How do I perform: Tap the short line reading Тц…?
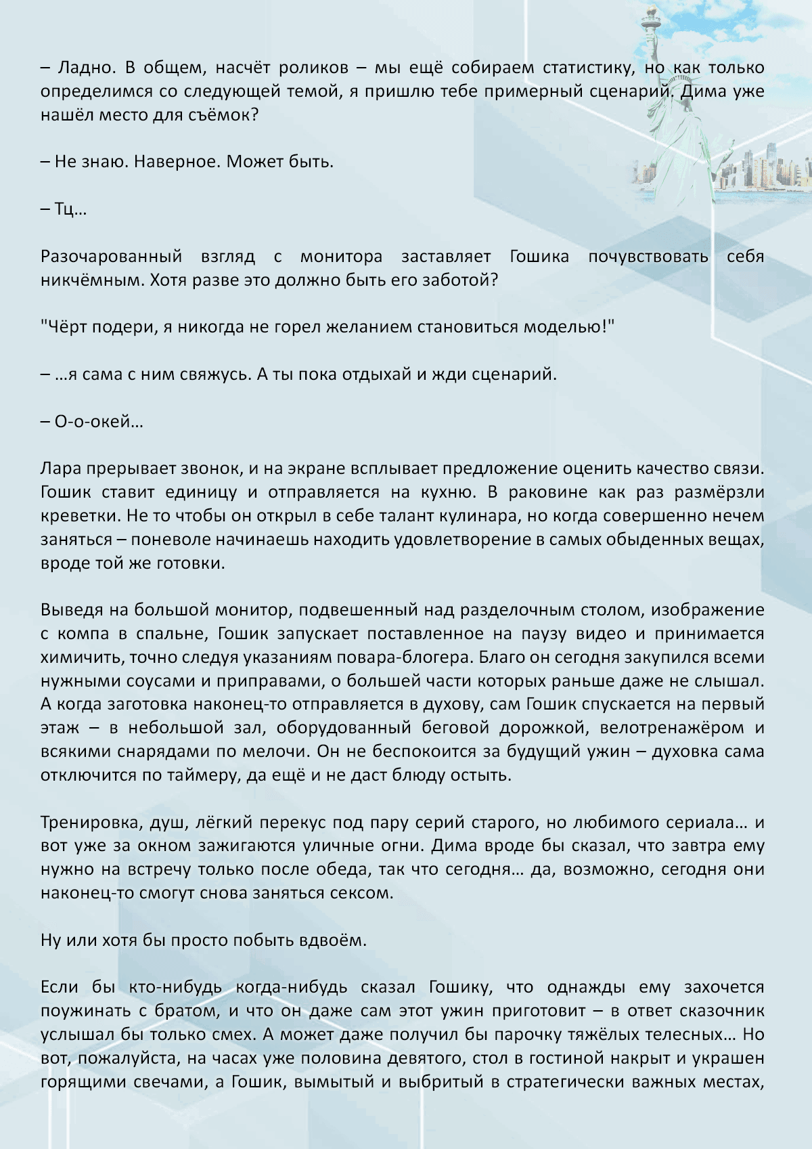pyautogui.click(x=64, y=209)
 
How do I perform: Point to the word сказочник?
pyautogui.click(x=723, y=1012)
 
